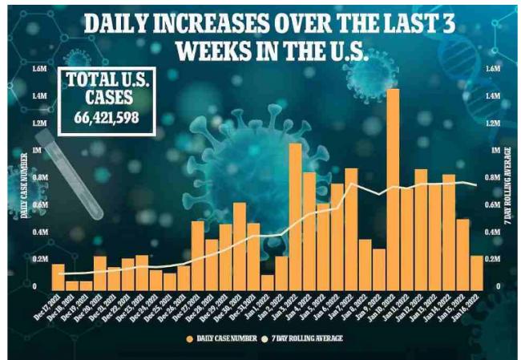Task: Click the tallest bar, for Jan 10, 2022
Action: pos(393,188)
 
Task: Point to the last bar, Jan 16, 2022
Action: pos(476,271)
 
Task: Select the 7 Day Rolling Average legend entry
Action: pos(311,338)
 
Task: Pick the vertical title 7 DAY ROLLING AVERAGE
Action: pos(508,184)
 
